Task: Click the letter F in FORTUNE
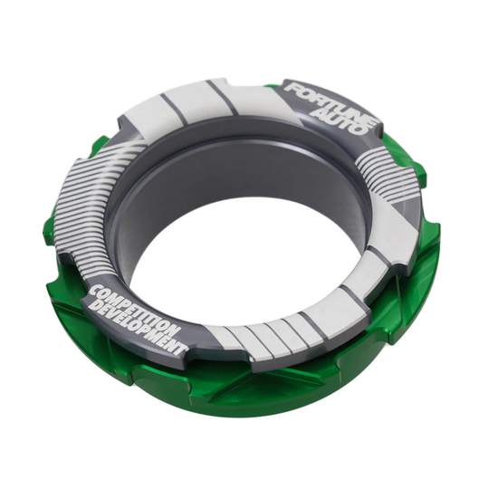point(292,89)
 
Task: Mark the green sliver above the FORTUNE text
point(272,86)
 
